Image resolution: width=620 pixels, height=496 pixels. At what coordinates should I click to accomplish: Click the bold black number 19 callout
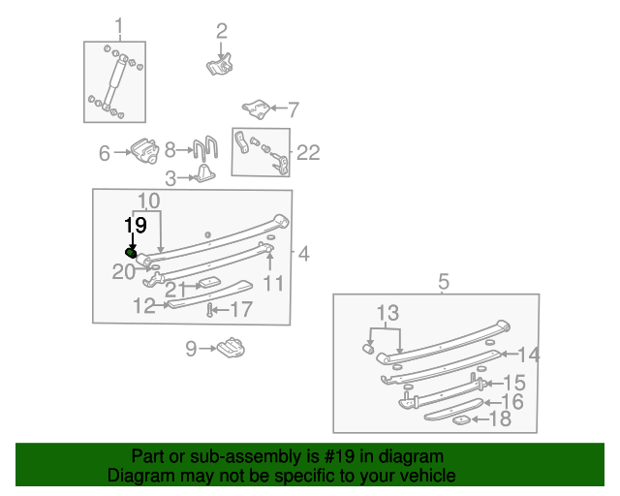coord(136,225)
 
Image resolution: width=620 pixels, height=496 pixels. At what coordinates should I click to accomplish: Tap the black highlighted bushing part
coord(131,253)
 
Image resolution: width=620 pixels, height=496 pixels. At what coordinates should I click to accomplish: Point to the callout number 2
coord(222,31)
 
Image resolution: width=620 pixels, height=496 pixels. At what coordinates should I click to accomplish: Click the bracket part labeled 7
coord(256,109)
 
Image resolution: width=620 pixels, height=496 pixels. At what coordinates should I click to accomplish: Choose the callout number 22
coord(308,152)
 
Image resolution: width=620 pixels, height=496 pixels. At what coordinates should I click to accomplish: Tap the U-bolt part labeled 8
coord(205,147)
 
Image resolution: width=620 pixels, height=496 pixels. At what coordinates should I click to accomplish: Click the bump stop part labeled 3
coord(204,173)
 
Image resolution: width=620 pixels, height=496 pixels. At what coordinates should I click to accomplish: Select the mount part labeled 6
coord(144,151)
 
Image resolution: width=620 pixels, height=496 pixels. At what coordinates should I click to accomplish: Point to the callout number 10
coord(148,201)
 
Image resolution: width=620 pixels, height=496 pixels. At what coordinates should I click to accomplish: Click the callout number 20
coord(123,271)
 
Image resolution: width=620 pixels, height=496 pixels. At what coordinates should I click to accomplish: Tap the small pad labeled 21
coord(209,283)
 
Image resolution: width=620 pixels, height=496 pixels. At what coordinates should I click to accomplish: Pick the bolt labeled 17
coord(210,310)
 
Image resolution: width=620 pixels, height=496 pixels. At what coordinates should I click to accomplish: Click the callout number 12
coord(144,306)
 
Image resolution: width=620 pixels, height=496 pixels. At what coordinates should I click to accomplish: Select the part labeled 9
coord(231,348)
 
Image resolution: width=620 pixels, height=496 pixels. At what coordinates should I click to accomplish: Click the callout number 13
coord(387,313)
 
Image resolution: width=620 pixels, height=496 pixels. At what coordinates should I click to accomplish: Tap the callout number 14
coord(529,355)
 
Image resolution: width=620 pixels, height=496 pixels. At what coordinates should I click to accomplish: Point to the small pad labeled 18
coord(461,420)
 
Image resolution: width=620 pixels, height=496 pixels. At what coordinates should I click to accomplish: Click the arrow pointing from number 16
coord(492,403)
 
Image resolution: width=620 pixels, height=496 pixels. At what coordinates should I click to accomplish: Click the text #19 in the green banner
coord(339,456)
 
